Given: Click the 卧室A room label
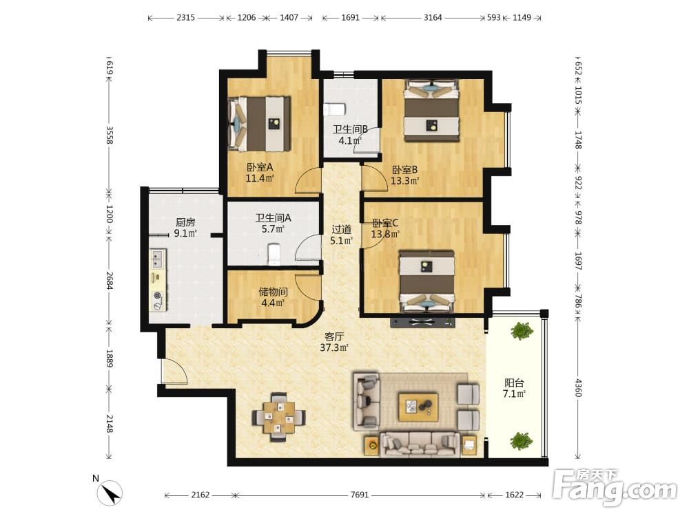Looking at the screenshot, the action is click(x=260, y=167).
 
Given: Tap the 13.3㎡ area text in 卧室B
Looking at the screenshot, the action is click(x=404, y=180).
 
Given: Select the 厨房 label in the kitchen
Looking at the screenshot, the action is click(x=185, y=222).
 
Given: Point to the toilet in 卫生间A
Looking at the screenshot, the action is click(x=274, y=255).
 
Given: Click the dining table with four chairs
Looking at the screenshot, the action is click(x=278, y=416).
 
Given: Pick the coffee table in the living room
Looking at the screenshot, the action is click(x=418, y=407).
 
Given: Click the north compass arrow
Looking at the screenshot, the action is click(x=110, y=492).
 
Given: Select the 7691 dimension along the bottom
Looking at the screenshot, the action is click(x=360, y=495).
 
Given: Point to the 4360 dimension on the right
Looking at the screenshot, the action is click(x=578, y=388).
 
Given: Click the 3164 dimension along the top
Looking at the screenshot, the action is click(x=433, y=18).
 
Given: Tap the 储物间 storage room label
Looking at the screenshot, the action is click(x=273, y=292).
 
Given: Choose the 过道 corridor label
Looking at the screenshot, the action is click(x=342, y=229).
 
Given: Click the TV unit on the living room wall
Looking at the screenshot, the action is click(x=422, y=323).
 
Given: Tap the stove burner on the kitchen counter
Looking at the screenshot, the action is click(x=157, y=297).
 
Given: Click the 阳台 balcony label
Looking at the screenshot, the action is click(x=514, y=383).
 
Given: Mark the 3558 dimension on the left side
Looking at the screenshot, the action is click(x=110, y=135).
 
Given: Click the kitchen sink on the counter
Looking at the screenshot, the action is click(x=158, y=259).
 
